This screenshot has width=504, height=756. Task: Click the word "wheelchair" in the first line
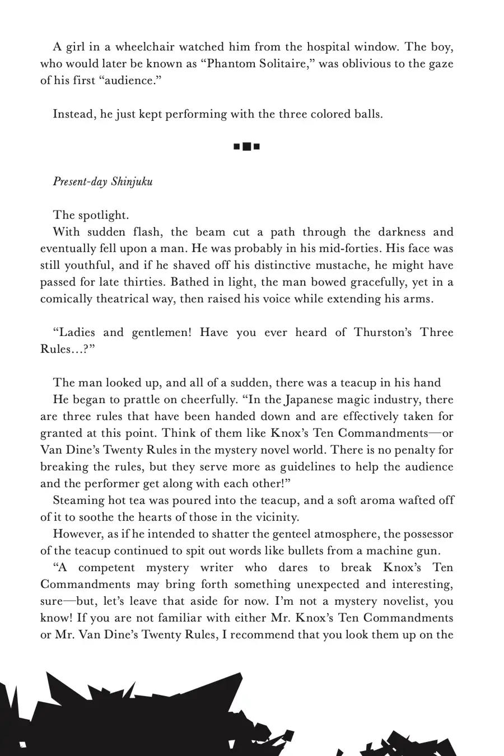click(129, 47)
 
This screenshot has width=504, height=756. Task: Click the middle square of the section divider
click(246, 147)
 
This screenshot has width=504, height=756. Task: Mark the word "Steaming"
click(77, 501)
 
